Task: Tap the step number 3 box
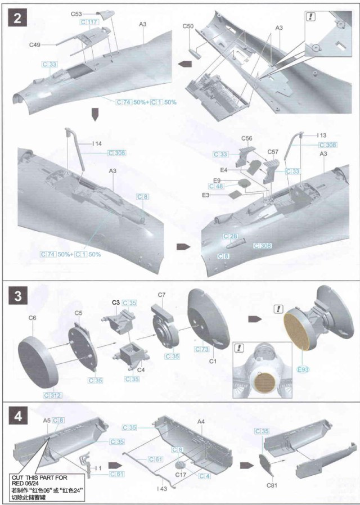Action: click(19, 296)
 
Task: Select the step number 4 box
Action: click(19, 416)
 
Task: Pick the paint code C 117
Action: click(89, 22)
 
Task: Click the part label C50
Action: click(188, 26)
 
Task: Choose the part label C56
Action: click(246, 138)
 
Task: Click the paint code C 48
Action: click(216, 186)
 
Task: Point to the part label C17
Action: click(181, 475)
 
